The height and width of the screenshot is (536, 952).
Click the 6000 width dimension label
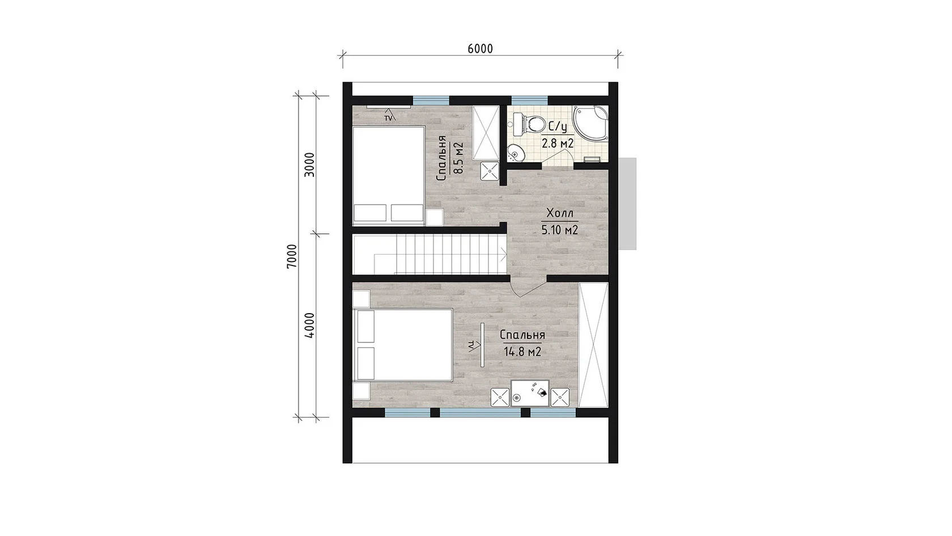[481, 49]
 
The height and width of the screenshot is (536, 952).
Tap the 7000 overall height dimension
[292, 256]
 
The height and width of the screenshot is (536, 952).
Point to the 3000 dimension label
[311, 164]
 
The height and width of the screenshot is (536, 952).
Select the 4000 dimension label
[311, 326]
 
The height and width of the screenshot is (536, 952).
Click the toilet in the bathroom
[529, 124]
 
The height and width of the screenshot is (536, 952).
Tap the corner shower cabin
[590, 124]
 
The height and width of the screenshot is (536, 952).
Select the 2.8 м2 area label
[557, 143]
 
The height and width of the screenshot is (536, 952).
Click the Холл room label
[560, 213]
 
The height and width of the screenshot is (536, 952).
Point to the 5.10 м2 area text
[560, 230]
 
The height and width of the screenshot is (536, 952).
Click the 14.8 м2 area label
[522, 352]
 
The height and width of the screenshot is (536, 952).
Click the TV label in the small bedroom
[389, 118]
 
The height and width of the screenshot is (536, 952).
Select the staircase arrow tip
[505, 255]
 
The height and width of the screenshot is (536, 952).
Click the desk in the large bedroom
[530, 393]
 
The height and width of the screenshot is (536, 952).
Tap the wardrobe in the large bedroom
[593, 345]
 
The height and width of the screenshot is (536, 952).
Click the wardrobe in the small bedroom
[486, 133]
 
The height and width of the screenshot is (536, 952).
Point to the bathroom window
[529, 100]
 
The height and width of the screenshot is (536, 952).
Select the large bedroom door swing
[528, 286]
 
